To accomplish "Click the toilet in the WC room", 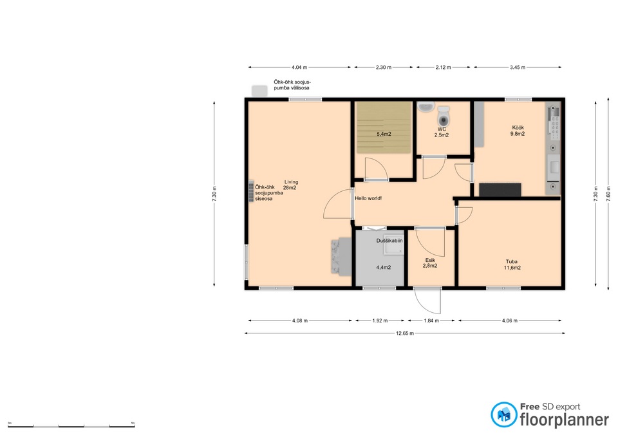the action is tap(444, 115).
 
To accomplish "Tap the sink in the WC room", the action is tap(426, 106).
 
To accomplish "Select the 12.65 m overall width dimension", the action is tap(405, 333).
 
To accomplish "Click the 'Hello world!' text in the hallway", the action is tap(368, 198).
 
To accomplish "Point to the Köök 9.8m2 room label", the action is tap(518, 131).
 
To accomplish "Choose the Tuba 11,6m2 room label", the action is tap(512, 265).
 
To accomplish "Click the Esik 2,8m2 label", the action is tap(430, 263).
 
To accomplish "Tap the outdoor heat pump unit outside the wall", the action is tap(259, 91).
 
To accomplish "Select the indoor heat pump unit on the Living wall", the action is tap(251, 191).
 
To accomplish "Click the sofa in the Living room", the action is tap(341, 257).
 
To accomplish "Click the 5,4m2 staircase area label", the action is tap(384, 134).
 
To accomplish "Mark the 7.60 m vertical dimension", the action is tap(607, 194).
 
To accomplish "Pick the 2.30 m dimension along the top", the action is tap(384, 68).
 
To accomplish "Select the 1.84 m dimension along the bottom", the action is tap(431, 321).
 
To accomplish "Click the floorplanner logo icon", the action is tap(503, 414).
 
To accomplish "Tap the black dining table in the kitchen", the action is tap(500, 189).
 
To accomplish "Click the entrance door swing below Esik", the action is tap(427, 301).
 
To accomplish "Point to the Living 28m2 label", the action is tap(291, 185).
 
